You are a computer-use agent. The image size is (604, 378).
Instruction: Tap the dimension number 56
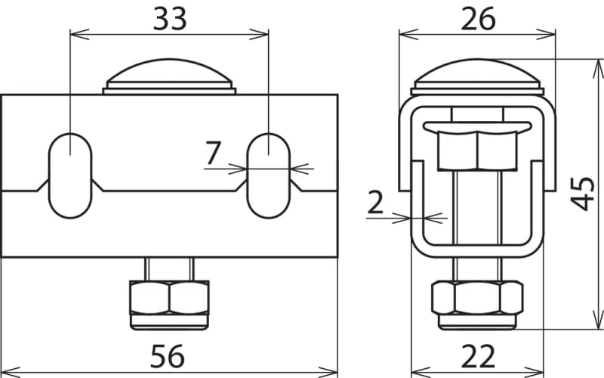pos(167,356)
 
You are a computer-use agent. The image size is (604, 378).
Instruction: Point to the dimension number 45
pos(582,194)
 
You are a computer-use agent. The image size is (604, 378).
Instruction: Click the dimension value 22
pos(478,356)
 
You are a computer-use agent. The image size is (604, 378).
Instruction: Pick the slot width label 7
pos(213,153)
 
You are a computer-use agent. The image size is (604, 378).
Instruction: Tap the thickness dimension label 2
pos(375,202)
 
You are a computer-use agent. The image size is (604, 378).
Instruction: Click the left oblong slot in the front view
pos(70,176)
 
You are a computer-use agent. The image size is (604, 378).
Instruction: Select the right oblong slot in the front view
pos(268,176)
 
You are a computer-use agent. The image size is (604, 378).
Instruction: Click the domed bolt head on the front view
pos(169,76)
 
